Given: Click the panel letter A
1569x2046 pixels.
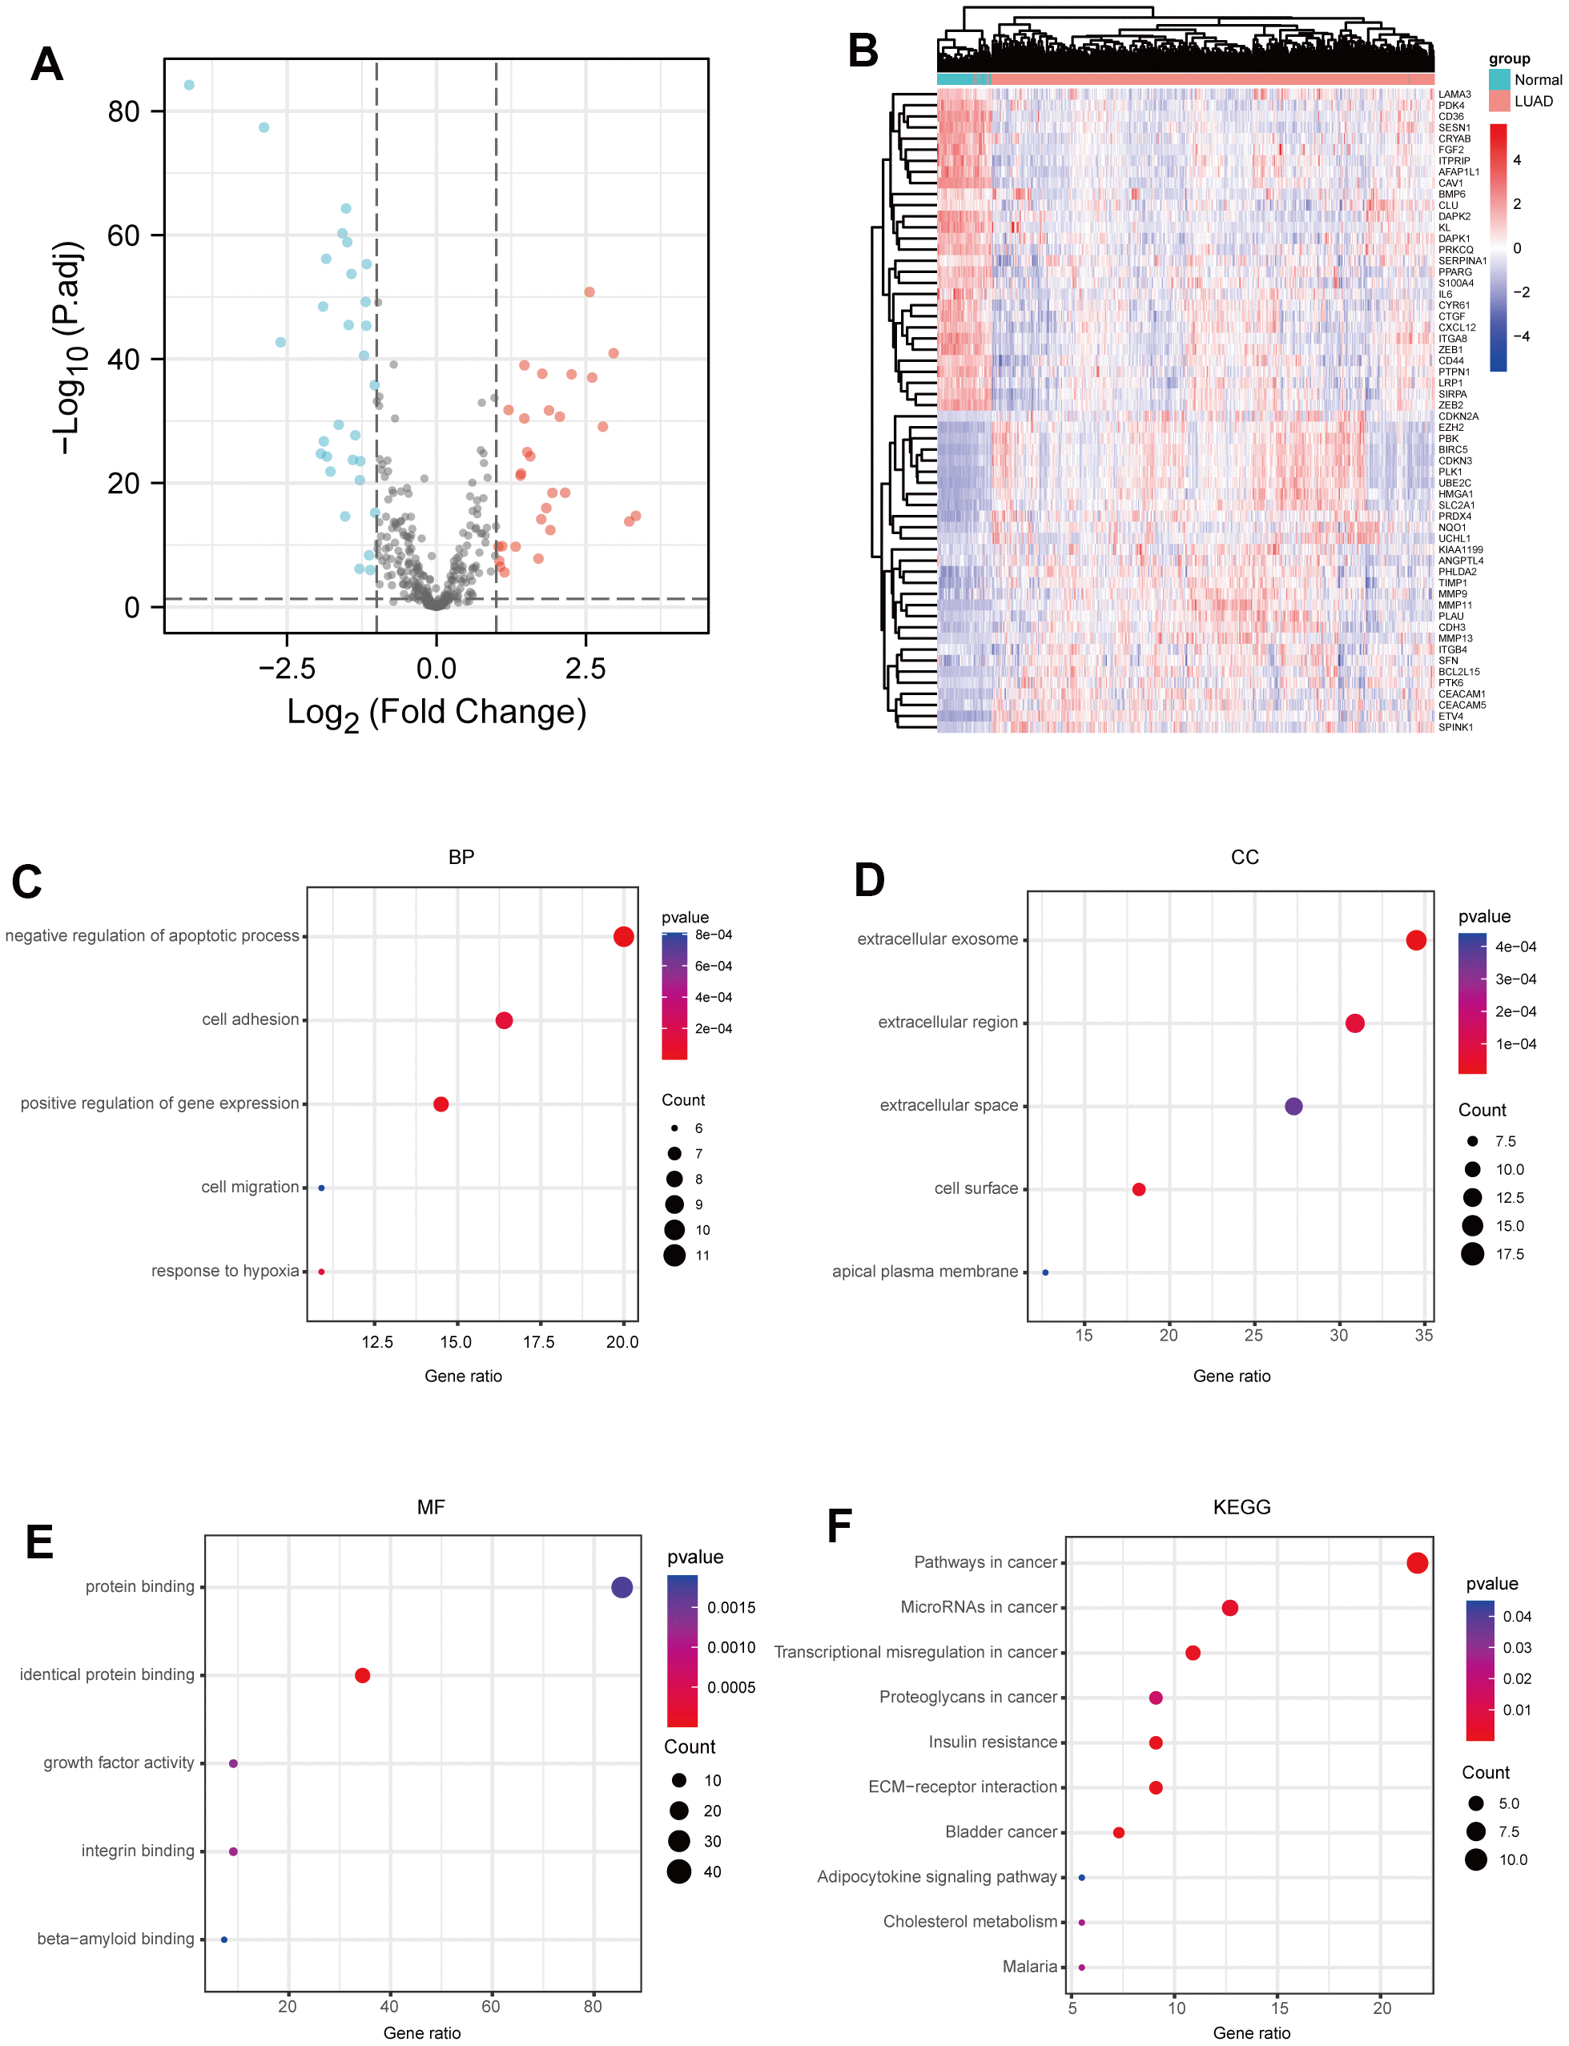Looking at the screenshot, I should tap(46, 66).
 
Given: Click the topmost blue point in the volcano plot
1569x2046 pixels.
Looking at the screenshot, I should tap(190, 85).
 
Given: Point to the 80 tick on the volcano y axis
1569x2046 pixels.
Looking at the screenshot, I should tap(123, 112).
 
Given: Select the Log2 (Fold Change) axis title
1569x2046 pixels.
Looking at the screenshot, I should tap(437, 713).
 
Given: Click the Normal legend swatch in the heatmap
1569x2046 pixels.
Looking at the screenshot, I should tap(1499, 79).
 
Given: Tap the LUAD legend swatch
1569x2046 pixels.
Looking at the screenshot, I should tap(1499, 102).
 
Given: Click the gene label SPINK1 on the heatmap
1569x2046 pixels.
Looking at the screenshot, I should tap(1455, 727).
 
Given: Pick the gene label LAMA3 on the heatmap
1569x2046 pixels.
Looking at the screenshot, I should tap(1454, 94).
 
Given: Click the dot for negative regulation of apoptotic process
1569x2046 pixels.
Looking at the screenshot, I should tap(624, 937).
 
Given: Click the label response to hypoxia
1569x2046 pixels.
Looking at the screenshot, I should tap(225, 1271).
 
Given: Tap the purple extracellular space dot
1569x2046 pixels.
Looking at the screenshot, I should tap(1293, 1107).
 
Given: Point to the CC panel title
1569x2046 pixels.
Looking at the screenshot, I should tap(1244, 858).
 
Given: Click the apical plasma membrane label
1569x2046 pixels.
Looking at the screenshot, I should tap(924, 1272).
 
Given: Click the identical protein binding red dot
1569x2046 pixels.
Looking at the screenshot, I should tap(362, 1675).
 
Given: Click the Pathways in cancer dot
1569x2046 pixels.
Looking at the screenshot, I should tap(1417, 1563).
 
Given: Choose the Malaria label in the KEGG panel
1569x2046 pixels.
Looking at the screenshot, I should tap(1029, 1967).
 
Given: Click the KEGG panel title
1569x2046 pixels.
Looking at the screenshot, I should tap(1241, 1507).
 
